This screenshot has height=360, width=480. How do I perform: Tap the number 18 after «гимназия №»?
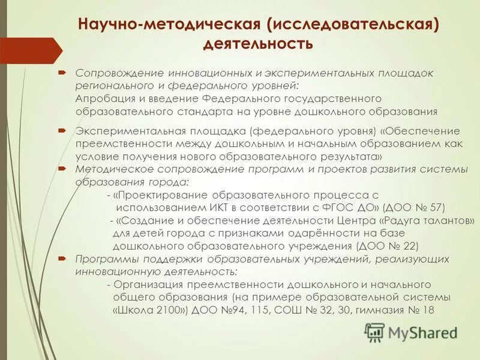(428, 310)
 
